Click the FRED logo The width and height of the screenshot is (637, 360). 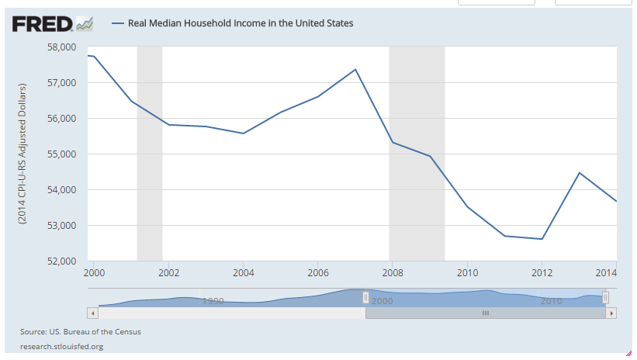[43, 24]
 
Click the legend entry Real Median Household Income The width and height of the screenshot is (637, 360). [244, 23]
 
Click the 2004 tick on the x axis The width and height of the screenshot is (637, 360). [244, 273]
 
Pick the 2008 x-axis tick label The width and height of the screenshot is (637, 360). [393, 273]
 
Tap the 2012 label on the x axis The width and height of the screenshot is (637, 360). [542, 273]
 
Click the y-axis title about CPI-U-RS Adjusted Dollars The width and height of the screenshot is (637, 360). [23, 154]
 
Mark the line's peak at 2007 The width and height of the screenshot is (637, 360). [355, 69]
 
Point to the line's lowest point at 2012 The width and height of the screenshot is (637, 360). [542, 239]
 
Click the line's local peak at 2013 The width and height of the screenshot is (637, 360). [579, 172]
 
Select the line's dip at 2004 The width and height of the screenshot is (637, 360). [244, 133]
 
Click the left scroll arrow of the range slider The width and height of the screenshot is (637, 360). [93, 313]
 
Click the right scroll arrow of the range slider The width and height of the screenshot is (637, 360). [611, 313]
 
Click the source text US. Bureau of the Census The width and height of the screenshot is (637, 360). [81, 332]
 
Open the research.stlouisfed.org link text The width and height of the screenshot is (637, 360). [62, 346]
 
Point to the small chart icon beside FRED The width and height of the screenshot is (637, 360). [85, 24]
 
